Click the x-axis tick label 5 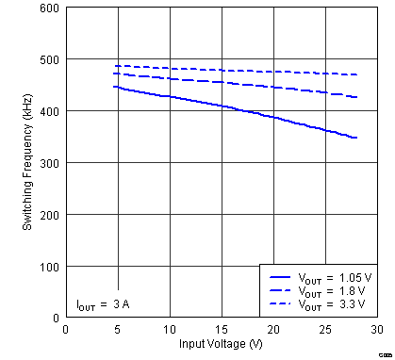(117, 329)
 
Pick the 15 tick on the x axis (221, 329)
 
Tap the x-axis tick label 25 (324, 329)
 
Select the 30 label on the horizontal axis (376, 329)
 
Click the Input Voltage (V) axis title (221, 344)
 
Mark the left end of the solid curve (114, 87)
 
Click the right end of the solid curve (356, 138)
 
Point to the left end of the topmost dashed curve (114, 66)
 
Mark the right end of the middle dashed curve (356, 97)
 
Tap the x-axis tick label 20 (272, 329)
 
